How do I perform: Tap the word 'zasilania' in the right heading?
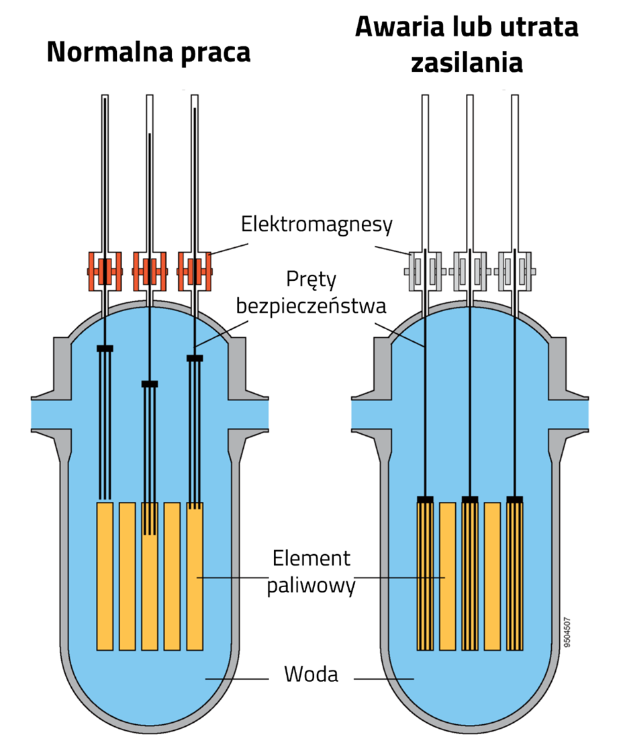click(x=467, y=63)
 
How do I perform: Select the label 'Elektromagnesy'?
click(x=316, y=224)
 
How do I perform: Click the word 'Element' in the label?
click(x=311, y=558)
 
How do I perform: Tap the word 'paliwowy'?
click(x=311, y=586)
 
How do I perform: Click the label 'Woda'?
click(x=311, y=674)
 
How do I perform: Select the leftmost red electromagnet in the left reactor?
click(x=105, y=271)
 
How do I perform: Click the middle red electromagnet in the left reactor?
click(x=149, y=271)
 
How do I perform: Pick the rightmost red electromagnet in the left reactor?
click(x=194, y=271)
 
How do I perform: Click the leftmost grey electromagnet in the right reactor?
click(x=425, y=271)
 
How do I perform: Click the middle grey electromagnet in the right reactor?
click(x=470, y=271)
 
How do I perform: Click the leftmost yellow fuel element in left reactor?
click(x=105, y=576)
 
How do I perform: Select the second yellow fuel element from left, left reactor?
click(x=127, y=576)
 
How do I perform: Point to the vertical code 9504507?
click(x=567, y=631)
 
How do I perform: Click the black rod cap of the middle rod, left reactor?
click(x=149, y=384)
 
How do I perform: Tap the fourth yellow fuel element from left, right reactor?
click(x=492, y=576)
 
